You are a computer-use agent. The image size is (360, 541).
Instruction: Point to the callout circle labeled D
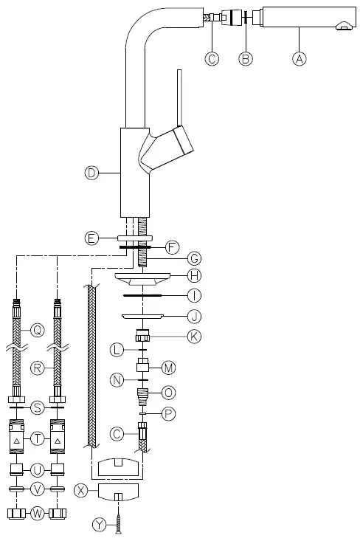(91, 173)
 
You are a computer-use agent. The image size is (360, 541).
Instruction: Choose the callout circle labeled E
(91, 238)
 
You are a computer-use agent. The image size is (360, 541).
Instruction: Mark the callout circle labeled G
(194, 258)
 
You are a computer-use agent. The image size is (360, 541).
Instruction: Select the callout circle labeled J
(194, 317)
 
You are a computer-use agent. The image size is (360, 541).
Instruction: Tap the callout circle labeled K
(194, 335)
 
